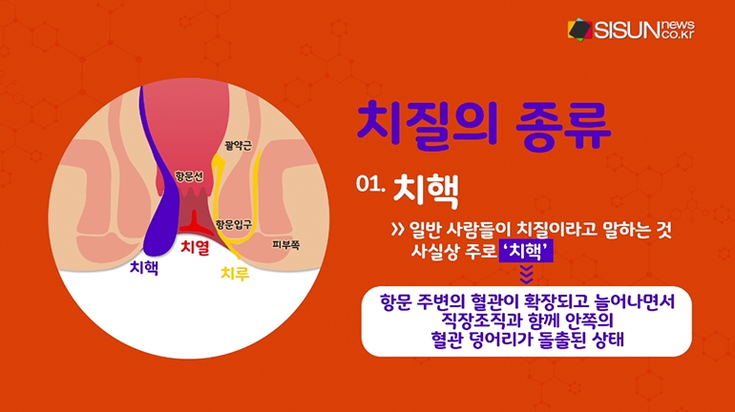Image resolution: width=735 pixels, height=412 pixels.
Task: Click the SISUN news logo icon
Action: [579, 30]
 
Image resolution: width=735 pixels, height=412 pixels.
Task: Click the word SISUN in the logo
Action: [627, 31]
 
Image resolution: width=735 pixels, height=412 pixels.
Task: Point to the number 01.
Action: [370, 183]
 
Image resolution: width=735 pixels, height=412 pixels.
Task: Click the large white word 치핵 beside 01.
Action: [426, 191]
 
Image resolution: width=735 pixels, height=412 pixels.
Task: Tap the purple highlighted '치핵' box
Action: [526, 252]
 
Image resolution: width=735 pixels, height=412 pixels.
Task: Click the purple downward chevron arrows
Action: [526, 275]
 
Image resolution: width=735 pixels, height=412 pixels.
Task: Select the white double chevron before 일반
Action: [398, 230]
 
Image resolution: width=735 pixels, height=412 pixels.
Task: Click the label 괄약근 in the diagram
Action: [238, 146]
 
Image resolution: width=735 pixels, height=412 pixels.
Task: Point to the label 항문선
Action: [189, 176]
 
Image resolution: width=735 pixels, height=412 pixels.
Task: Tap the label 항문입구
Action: [234, 224]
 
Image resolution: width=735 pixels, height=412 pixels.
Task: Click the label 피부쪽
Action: [286, 244]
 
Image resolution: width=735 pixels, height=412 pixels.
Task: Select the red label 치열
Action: [195, 247]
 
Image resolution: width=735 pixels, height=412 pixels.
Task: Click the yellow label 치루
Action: [235, 273]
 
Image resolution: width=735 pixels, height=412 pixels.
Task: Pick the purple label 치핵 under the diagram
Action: [144, 267]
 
